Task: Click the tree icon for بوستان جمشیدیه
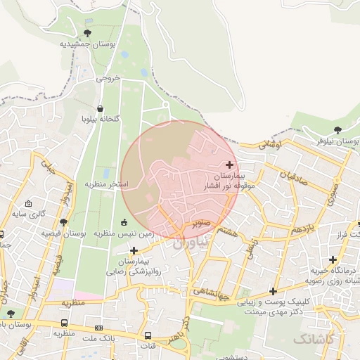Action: click(x=87, y=32)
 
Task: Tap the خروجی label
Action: click(x=109, y=79)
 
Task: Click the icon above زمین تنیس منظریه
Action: click(x=125, y=223)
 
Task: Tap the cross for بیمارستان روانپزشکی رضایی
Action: click(x=134, y=250)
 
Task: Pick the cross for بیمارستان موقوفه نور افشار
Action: click(x=229, y=165)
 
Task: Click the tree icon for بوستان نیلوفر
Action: click(x=338, y=130)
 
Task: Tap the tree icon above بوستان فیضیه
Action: click(x=63, y=222)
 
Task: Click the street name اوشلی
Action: click(x=269, y=144)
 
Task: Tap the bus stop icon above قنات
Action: click(x=149, y=335)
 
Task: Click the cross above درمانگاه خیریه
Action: click(x=333, y=259)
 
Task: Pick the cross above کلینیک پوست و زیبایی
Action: click(x=273, y=291)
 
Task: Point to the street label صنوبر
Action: click(x=200, y=224)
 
